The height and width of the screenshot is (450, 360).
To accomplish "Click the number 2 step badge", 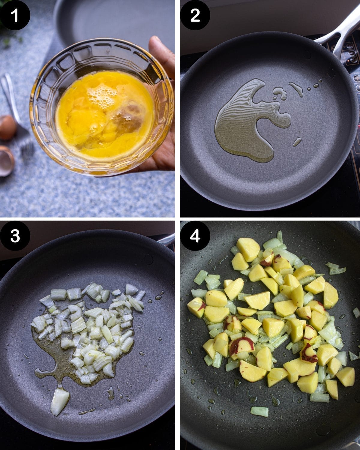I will (x=195, y=15).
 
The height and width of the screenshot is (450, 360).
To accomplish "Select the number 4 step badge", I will (x=195, y=236).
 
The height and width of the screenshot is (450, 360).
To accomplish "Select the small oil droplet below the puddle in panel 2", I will (x=297, y=142).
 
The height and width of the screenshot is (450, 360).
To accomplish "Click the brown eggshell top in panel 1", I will (x=7, y=127).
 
